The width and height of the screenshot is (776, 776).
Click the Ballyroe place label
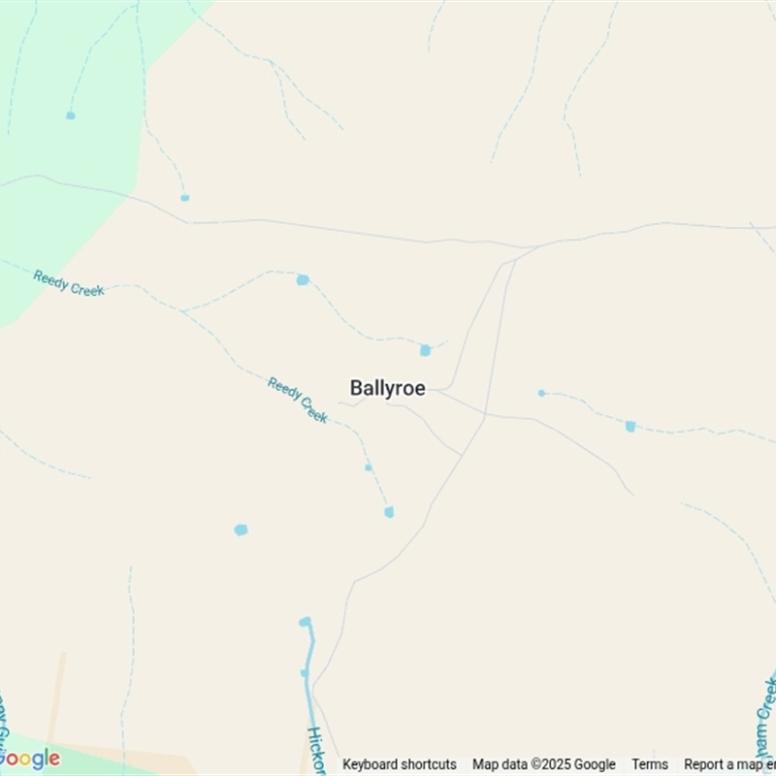(x=387, y=388)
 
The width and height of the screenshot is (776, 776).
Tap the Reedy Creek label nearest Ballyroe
(x=297, y=400)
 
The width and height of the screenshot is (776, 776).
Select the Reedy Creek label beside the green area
(x=68, y=282)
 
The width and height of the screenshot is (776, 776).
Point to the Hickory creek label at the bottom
(x=315, y=749)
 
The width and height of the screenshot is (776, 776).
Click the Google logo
(x=29, y=759)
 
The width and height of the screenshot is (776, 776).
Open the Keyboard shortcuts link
(x=399, y=764)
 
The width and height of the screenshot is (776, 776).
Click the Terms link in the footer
(x=650, y=764)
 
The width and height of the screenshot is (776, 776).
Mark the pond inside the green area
(x=71, y=115)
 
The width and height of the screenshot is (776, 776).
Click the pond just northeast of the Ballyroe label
(x=425, y=350)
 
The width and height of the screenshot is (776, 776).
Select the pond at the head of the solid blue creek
(x=306, y=622)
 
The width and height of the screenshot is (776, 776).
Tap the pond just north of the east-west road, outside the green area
(x=184, y=198)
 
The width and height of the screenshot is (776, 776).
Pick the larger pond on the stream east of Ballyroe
(x=630, y=426)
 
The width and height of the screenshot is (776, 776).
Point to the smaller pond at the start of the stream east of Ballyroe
(x=541, y=393)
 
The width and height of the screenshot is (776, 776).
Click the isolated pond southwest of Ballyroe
(x=241, y=530)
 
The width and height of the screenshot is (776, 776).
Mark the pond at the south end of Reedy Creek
(x=389, y=512)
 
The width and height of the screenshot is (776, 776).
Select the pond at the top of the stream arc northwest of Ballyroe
(x=303, y=279)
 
